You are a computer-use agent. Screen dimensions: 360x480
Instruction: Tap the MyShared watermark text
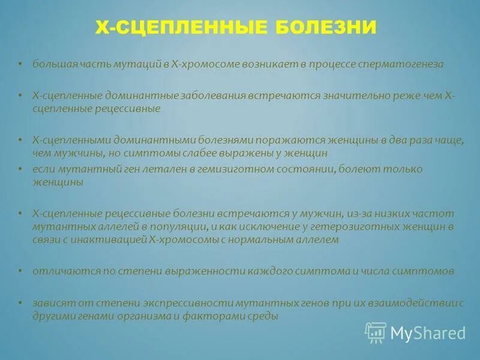(428, 332)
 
